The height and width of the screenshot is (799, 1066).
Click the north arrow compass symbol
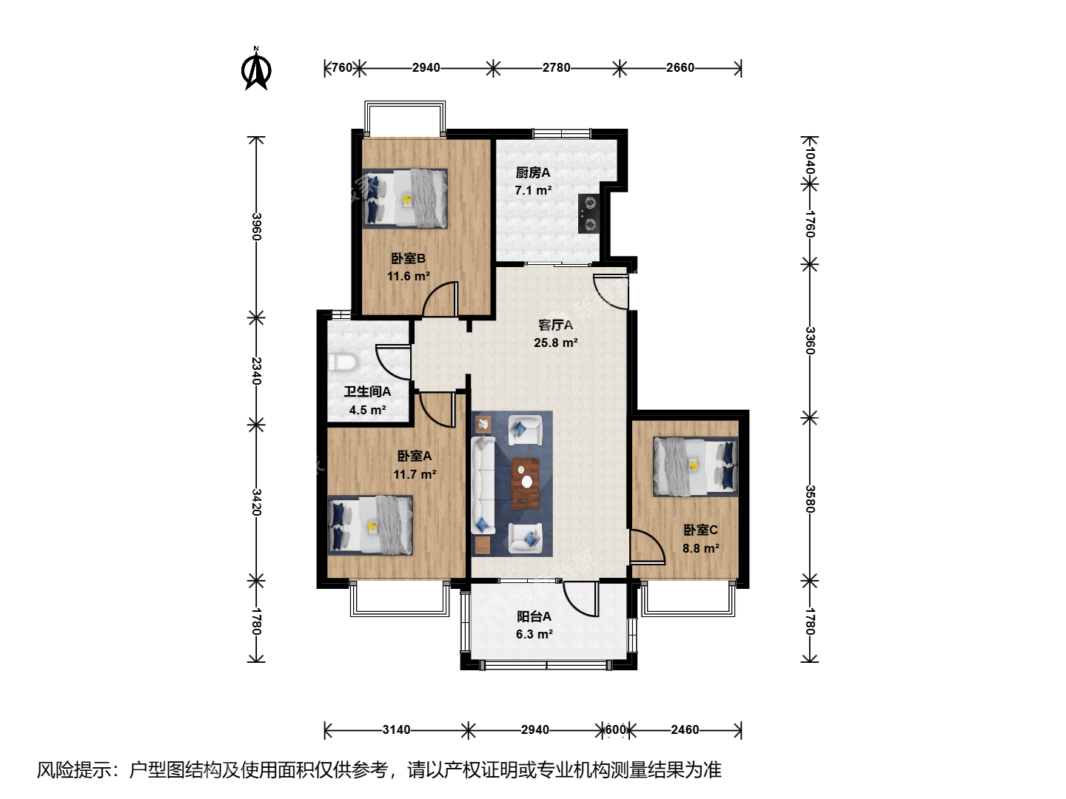point(256,68)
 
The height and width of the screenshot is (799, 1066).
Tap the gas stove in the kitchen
point(589,214)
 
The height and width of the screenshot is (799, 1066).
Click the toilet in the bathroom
point(343,363)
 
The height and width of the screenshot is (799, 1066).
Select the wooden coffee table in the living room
point(525,484)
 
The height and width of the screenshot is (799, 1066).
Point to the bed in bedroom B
point(405,198)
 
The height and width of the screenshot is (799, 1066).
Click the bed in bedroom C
point(695,466)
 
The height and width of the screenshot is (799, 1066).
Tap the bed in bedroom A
point(371,525)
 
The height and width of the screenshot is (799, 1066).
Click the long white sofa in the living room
point(483,485)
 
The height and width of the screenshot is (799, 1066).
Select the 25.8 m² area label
point(556,343)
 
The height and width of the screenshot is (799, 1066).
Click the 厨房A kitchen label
point(533,172)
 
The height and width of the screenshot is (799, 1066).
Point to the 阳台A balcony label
point(534,616)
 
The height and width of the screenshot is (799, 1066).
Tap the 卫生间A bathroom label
point(368,391)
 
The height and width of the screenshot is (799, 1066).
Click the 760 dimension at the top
point(342,67)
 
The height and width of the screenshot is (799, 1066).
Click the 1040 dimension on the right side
point(810,160)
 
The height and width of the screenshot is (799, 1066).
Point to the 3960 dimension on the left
point(257,226)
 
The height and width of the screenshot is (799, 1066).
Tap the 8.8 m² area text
point(701,548)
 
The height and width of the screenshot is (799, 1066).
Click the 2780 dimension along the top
point(556,67)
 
